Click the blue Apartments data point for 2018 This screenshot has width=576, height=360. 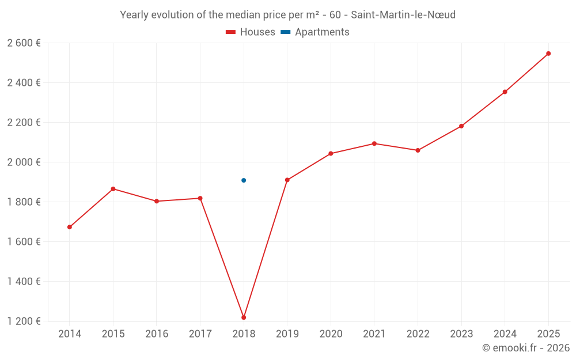coord(244,180)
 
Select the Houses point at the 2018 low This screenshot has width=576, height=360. coord(244,317)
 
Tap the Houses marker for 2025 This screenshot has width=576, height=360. coord(548,54)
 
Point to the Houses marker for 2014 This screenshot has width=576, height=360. coord(70,227)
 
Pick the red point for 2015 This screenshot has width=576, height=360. coord(113,189)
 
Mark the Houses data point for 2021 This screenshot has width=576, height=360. coord(374,143)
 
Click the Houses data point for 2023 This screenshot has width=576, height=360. coord(461,126)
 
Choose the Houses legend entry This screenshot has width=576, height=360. coord(251,32)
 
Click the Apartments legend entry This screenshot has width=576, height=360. coord(315,32)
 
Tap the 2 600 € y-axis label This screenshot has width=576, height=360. coord(24,43)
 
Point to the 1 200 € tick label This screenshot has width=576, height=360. coord(24,321)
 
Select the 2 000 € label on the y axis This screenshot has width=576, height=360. coord(24,162)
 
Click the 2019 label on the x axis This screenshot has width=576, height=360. coord(287,334)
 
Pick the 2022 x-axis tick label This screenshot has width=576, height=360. coord(418,334)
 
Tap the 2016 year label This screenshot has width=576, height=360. coord(157,334)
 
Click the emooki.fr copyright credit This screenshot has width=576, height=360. coord(525,348)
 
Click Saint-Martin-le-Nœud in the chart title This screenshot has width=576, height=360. coord(403,15)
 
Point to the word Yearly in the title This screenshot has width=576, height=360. coord(134,15)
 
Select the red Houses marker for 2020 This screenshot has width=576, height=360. coord(331,154)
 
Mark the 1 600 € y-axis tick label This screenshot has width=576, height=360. coord(24,241)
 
